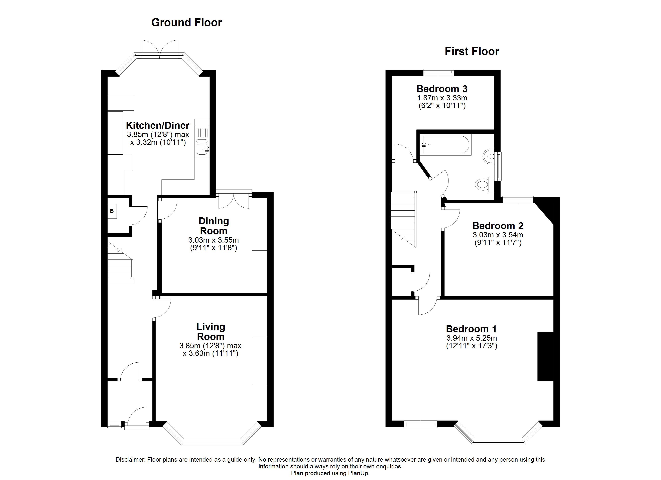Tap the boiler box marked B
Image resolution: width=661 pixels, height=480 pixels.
(112, 211)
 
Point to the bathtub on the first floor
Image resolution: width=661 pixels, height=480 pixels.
(446, 145)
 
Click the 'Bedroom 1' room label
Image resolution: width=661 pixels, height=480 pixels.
(471, 329)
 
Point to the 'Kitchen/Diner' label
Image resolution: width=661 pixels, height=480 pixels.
(158, 125)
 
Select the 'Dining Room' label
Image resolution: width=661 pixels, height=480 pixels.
(214, 226)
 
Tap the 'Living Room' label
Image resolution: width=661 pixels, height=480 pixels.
(211, 332)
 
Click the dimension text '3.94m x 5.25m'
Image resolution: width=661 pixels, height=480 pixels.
(472, 338)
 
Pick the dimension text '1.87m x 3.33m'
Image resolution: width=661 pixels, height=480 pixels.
(442, 98)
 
